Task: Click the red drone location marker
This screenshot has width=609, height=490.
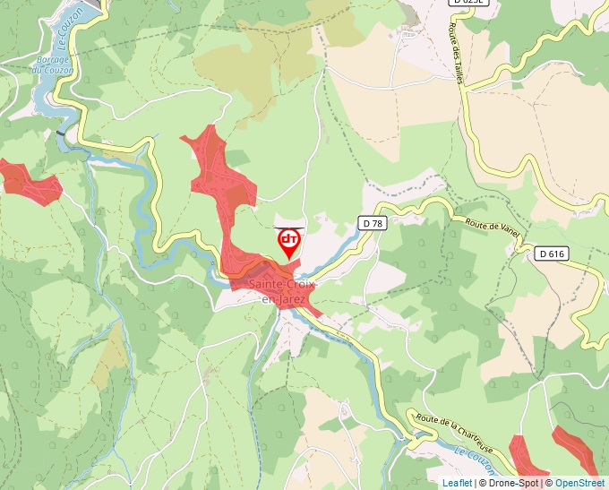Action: [x=288, y=242]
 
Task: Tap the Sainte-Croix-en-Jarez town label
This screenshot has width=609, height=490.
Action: [x=278, y=291]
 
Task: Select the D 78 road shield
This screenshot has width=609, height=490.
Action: [x=373, y=223]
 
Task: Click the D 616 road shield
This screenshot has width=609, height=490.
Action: [x=553, y=254]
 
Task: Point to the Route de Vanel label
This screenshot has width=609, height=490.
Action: [x=491, y=226]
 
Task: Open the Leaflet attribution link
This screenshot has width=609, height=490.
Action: [x=457, y=483]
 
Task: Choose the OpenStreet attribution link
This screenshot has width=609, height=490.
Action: [x=579, y=483]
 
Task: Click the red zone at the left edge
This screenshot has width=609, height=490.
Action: [x=27, y=179]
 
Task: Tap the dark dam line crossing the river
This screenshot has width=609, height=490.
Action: [x=61, y=133]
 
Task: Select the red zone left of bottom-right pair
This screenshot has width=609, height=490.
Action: [x=528, y=457]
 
